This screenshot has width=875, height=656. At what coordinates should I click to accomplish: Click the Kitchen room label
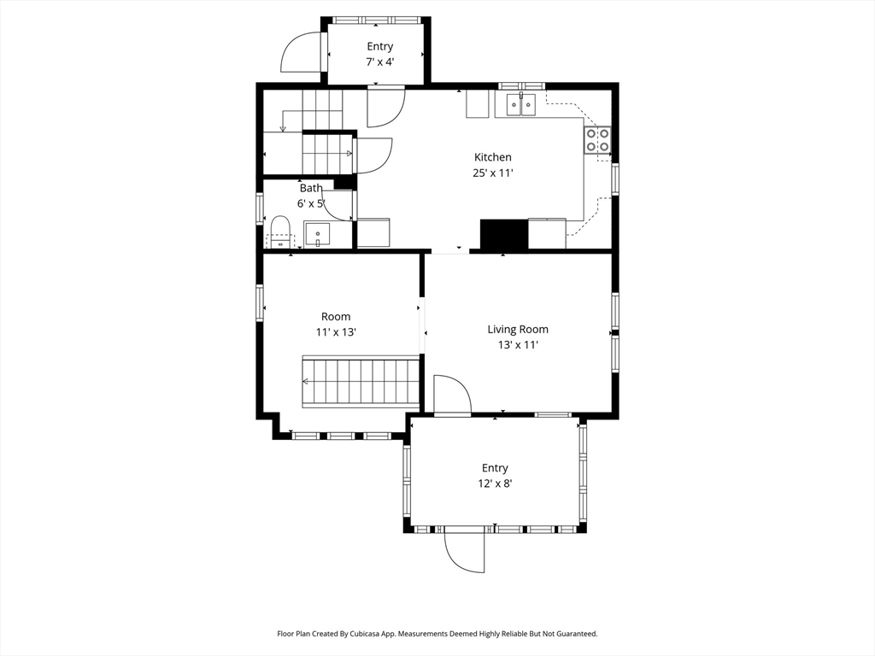[x=493, y=157]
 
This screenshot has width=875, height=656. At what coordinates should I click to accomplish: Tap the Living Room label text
[x=518, y=329]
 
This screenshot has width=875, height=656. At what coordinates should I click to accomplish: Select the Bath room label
[x=311, y=188]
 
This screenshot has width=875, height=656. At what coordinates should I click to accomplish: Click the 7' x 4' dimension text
[x=380, y=61]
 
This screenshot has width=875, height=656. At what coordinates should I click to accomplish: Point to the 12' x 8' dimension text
[x=495, y=483]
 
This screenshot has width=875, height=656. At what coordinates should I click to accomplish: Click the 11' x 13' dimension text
[x=336, y=332]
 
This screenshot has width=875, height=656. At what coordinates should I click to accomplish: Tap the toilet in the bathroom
[x=280, y=232]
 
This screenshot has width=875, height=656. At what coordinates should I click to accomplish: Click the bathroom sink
[x=317, y=234]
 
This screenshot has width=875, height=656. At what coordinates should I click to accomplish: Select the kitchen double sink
[x=521, y=104]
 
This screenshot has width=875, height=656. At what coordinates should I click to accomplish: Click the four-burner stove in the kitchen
[x=597, y=139]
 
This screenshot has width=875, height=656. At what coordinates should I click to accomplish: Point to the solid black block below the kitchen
[x=504, y=234]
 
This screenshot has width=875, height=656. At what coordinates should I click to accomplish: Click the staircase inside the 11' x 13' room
[x=361, y=382]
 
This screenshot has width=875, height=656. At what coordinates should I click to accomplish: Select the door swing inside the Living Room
[x=453, y=395]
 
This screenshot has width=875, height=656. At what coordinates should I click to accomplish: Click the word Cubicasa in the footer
[x=365, y=634]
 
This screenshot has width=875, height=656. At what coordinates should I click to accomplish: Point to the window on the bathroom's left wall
[x=260, y=208]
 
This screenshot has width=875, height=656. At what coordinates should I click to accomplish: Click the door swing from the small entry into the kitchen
[x=385, y=107]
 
